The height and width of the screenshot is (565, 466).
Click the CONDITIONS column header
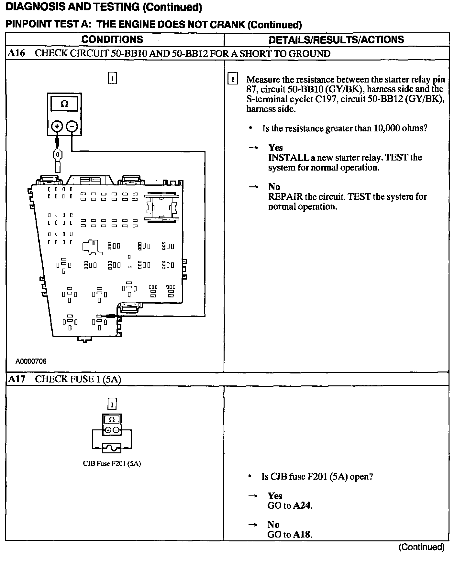coord(112,39)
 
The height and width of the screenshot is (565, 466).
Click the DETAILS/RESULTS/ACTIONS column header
coord(336,39)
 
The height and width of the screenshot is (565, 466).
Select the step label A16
coord(16,53)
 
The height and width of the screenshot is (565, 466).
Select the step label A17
coord(16,379)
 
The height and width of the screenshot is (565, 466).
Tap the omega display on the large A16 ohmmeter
coord(64,104)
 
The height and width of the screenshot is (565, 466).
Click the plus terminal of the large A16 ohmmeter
coord(57,126)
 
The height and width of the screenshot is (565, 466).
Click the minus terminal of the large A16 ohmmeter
coord(72,126)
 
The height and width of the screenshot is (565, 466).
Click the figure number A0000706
coord(31,361)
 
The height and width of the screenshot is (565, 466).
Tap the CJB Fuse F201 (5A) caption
coord(112,463)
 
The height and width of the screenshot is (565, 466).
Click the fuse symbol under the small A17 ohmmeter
coord(112,448)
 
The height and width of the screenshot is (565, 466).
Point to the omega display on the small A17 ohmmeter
coord(112,420)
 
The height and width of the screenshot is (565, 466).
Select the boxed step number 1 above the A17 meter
coord(112,404)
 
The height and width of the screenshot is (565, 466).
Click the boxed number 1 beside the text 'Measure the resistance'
coord(232,79)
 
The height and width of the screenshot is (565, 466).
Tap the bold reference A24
coord(303,505)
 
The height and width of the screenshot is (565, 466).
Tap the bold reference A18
coord(302,534)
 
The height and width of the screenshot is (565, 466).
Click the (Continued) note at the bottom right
coord(421,547)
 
